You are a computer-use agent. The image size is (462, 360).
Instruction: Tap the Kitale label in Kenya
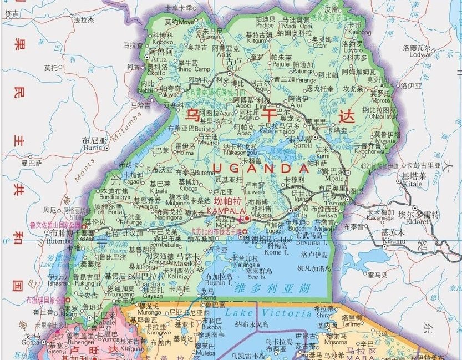point(410,182)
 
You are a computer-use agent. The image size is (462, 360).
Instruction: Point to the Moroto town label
point(382,100)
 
